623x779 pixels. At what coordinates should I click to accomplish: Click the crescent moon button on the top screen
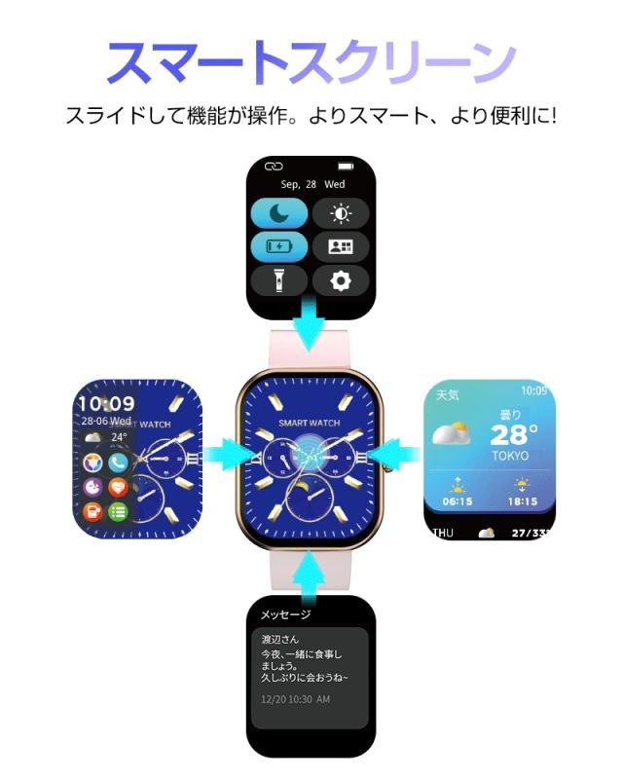click(x=279, y=213)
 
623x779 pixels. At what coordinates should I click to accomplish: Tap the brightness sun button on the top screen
click(x=341, y=213)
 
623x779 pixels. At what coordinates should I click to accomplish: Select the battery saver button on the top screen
click(x=279, y=246)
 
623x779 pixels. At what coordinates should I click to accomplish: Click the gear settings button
click(x=341, y=280)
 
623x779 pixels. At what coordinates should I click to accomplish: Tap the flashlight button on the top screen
click(x=279, y=280)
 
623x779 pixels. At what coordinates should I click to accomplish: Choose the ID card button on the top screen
click(x=341, y=246)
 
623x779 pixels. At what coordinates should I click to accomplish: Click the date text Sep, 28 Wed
click(x=311, y=183)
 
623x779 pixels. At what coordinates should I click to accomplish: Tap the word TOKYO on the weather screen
click(x=510, y=455)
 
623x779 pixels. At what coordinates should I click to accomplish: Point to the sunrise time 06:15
click(x=457, y=502)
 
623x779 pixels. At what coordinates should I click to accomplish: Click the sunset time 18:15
click(x=524, y=502)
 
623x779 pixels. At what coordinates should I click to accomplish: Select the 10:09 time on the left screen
click(x=106, y=403)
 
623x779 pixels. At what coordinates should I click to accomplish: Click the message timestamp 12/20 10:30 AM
click(x=296, y=699)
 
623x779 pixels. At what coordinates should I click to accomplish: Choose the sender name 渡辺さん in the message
click(x=280, y=639)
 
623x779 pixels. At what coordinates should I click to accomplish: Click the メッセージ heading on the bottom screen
click(x=285, y=614)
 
